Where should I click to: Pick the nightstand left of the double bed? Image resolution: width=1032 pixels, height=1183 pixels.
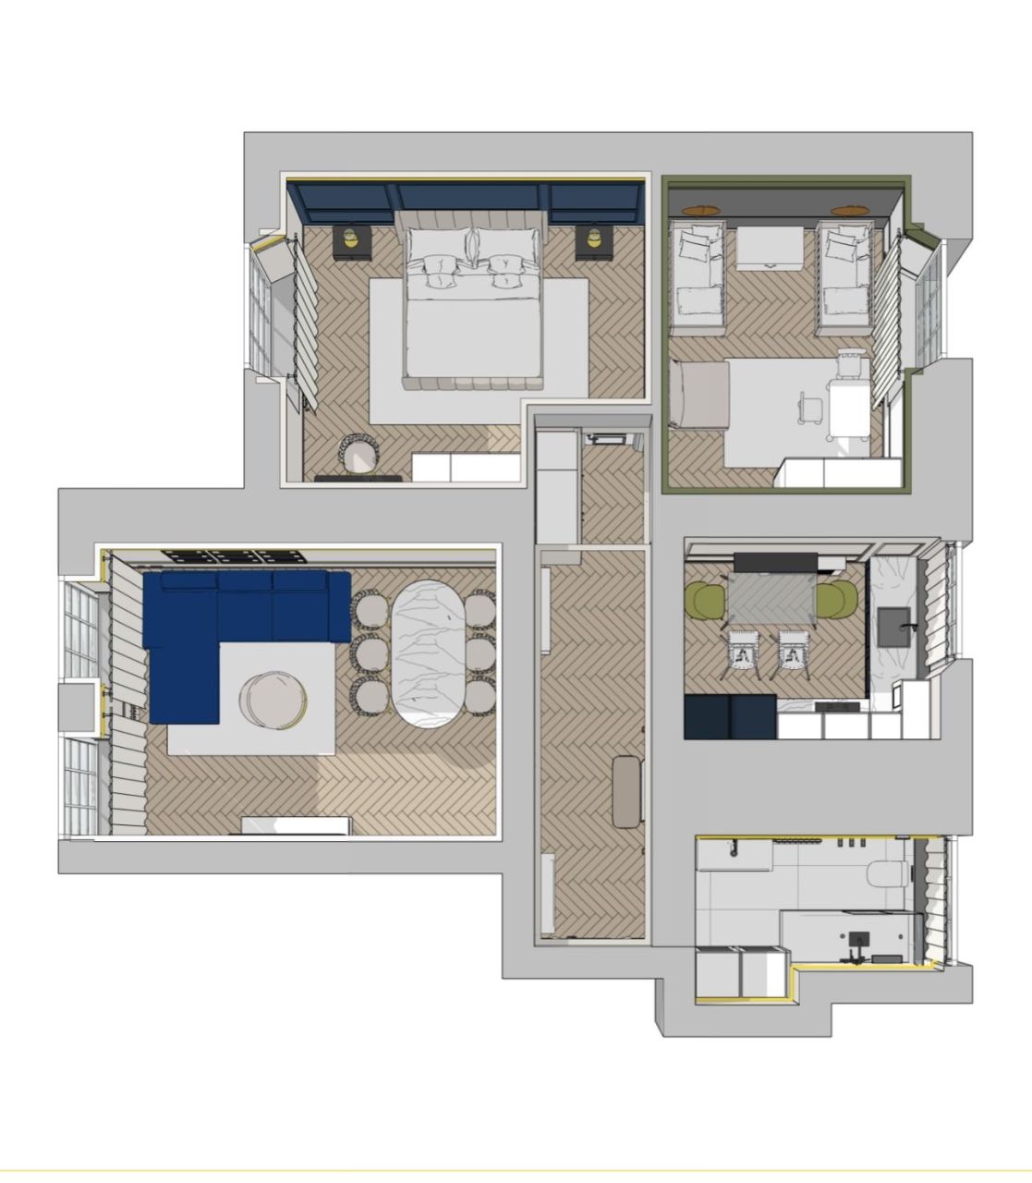(351, 242)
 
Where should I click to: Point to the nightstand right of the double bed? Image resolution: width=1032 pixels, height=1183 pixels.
(591, 242)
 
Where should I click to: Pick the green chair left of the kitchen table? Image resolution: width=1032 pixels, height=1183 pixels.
(706, 601)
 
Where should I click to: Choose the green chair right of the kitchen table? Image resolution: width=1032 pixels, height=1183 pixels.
(835, 601)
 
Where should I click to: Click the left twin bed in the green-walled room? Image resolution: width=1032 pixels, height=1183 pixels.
(698, 277)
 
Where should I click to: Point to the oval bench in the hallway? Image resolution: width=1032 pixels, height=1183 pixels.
(627, 790)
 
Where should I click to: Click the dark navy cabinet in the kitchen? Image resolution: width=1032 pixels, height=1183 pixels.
(730, 716)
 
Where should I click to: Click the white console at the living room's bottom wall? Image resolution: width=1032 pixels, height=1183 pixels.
(296, 825)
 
